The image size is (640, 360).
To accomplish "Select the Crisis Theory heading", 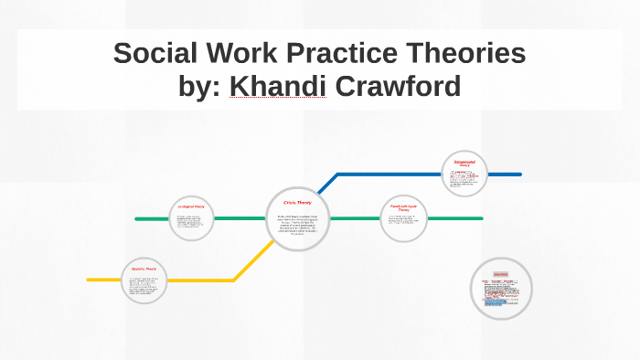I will click(298, 203).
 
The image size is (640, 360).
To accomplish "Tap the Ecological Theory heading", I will click(191, 206).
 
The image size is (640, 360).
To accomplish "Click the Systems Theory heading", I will click(144, 269).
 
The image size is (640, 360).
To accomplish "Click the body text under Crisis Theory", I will click(298, 224).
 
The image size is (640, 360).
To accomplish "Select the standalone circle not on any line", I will click(500, 289).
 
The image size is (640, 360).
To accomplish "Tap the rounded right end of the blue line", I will click(519, 174).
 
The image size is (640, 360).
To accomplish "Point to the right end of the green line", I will click(481, 219).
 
